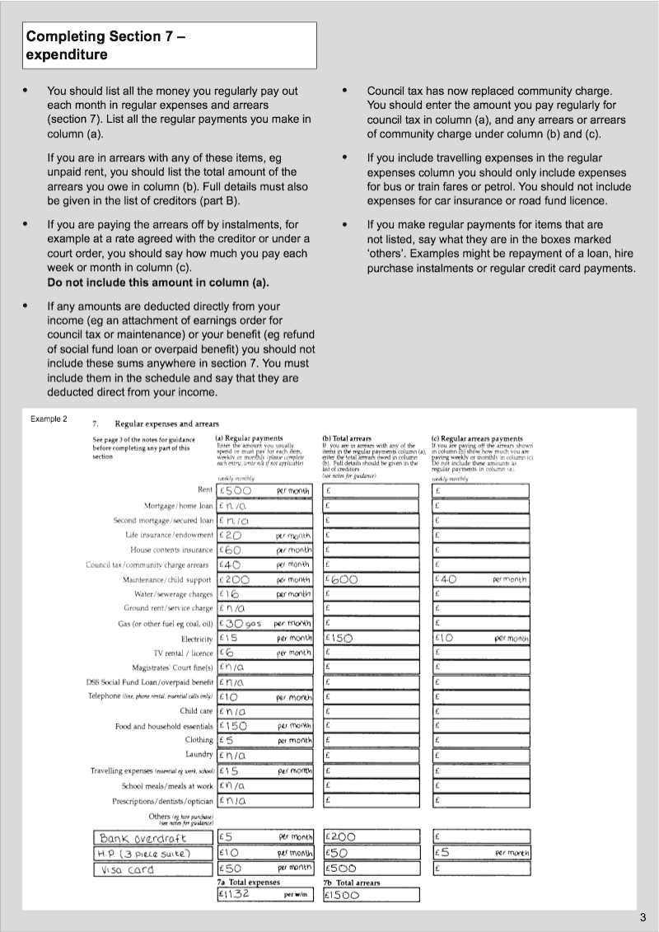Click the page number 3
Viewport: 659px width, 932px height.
coord(642,918)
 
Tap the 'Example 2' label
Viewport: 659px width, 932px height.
coord(49,419)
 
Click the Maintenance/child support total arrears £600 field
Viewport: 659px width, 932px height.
coord(372,579)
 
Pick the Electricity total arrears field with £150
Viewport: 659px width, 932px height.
coord(372,639)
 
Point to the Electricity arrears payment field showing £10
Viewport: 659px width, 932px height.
coord(481,639)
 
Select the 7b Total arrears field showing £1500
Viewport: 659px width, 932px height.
coord(372,894)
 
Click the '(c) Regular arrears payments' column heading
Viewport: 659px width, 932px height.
coord(476,438)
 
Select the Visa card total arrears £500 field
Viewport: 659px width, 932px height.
coord(372,868)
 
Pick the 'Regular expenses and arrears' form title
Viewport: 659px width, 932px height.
coord(161,424)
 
